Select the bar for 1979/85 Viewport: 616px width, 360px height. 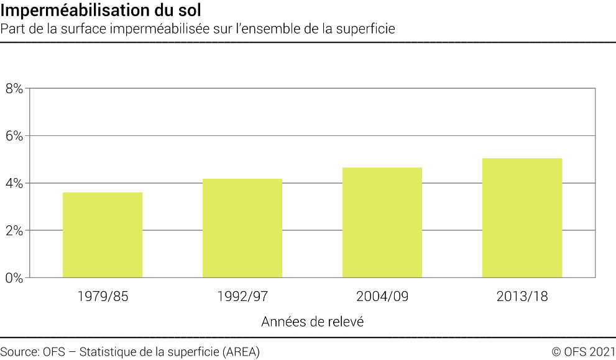click(103, 235)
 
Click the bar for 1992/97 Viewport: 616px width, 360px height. click(242, 228)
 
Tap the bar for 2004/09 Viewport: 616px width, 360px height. click(382, 222)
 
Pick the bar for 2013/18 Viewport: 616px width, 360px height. click(522, 218)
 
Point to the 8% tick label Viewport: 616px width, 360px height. click(14, 89)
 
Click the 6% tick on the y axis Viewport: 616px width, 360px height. click(14, 136)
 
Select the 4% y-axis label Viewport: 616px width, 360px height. click(14, 183)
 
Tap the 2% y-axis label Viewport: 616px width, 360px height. click(14, 230)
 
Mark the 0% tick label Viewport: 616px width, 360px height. click(14, 277)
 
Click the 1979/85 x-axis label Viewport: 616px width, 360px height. click(103, 297)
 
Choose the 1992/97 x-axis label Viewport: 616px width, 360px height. click(242, 297)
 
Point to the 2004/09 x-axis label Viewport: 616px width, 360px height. click(382, 297)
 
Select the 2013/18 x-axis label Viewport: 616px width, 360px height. click(522, 297)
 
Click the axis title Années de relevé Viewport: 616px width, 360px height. click(312, 322)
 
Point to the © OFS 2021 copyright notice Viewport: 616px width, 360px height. click(583, 351)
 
